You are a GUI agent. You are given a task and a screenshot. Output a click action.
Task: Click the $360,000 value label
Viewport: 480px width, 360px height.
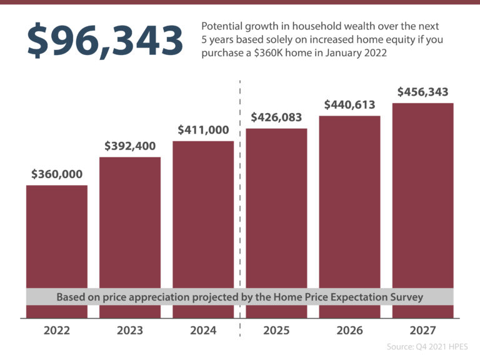coord(57,174)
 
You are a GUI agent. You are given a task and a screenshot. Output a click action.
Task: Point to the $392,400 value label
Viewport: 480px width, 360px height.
coord(130,146)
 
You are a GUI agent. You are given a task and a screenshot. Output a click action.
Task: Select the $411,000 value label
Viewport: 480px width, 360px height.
coord(203,130)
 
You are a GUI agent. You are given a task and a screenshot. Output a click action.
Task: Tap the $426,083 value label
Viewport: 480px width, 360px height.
coord(276,117)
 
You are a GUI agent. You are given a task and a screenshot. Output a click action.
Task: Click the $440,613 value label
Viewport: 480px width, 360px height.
coord(349,104)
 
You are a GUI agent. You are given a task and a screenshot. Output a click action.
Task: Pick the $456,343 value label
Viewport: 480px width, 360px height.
coord(422,92)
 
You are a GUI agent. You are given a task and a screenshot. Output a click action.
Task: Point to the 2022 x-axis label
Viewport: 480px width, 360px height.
coord(57,331)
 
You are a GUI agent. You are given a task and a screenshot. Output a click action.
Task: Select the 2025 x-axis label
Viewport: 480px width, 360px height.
coord(276,331)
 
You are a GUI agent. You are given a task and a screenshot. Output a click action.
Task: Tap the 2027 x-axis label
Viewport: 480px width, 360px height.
coord(422,331)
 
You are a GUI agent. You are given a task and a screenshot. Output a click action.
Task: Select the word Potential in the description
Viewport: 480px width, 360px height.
coord(222,27)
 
